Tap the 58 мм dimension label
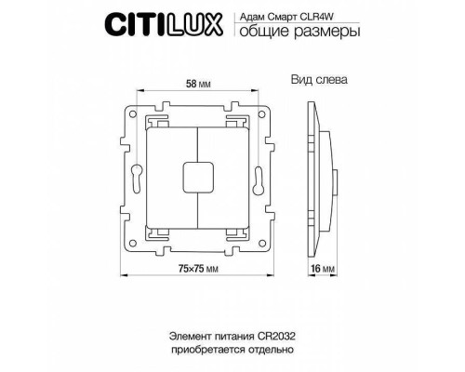(196, 85)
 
